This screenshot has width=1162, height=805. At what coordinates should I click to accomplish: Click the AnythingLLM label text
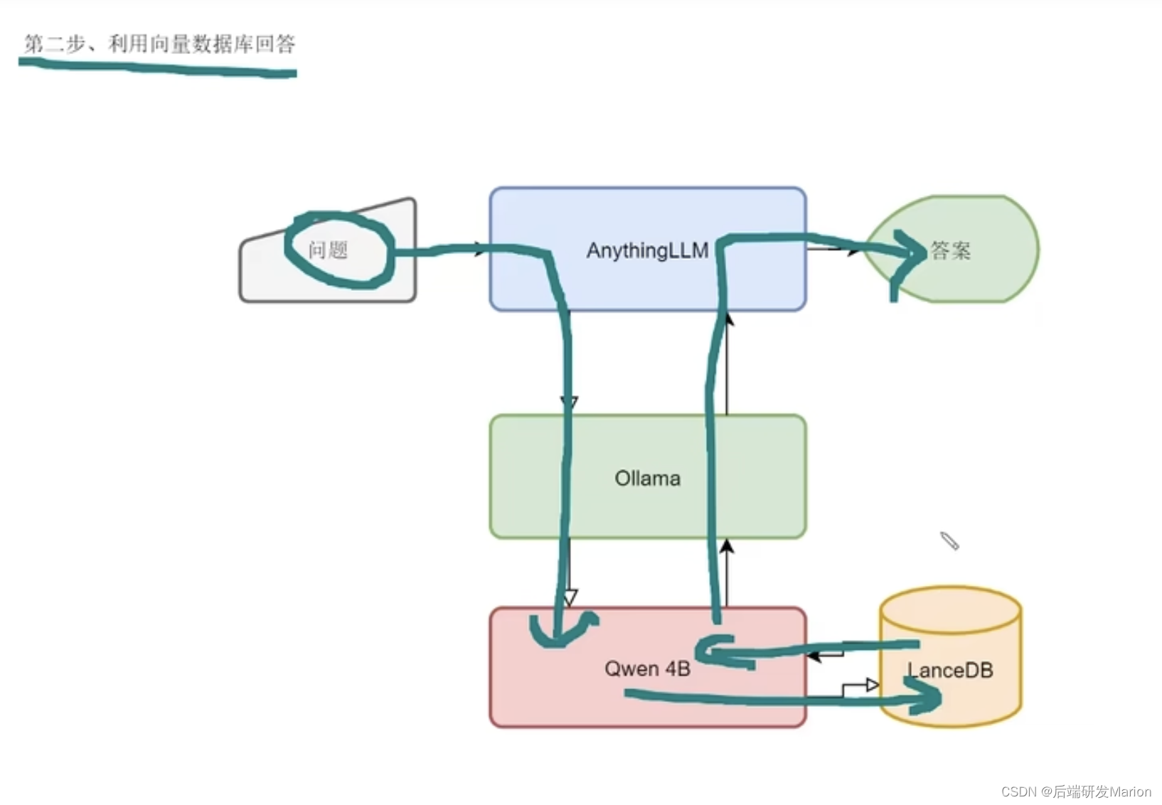point(647,250)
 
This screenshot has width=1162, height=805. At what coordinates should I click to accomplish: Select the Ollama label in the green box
point(647,478)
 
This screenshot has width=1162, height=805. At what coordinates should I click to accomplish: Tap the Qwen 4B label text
point(647,668)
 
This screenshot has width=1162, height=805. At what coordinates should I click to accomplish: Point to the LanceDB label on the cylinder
point(950,670)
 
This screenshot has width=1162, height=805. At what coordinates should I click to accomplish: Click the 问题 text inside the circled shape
point(328,250)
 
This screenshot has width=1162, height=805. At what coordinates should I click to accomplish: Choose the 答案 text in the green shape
point(951,250)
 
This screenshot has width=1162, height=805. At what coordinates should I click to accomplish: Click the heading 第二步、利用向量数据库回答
point(159,44)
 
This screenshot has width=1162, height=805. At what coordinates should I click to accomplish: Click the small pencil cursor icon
point(949,540)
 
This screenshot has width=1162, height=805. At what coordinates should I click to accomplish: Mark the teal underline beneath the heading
point(156,68)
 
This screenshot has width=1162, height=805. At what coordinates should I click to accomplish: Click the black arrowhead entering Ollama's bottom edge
point(727,546)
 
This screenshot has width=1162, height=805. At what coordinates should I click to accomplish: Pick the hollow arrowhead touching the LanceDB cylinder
point(872,685)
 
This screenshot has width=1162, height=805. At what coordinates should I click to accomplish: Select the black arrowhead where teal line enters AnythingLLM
point(479,250)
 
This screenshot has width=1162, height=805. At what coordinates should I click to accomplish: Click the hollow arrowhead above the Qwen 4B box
point(570,597)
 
